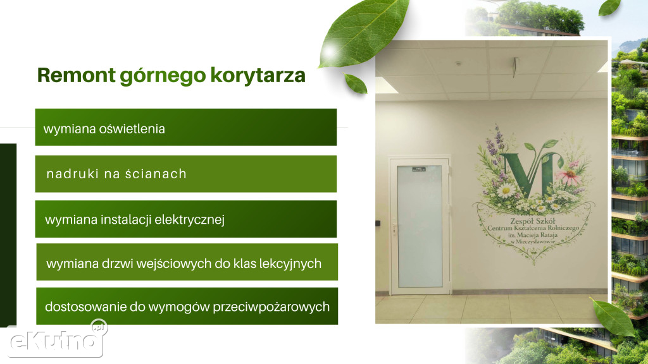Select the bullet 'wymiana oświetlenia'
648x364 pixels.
pos(104,128)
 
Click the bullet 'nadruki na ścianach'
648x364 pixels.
pos(116,174)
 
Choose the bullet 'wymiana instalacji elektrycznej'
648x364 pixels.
pos(135,220)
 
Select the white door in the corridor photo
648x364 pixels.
pos(419,227)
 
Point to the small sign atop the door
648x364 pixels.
pos(418,168)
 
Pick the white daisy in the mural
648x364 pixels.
pos(506,190)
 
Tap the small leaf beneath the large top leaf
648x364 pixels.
pos(356,83)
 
